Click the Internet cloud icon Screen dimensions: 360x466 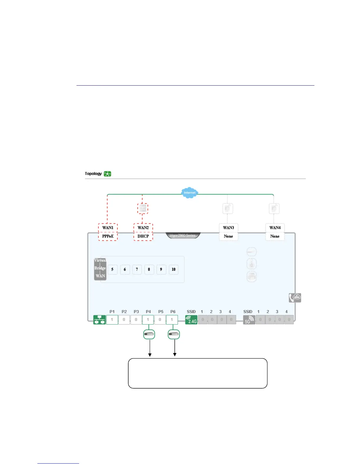(189, 193)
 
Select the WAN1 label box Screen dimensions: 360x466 (108, 228)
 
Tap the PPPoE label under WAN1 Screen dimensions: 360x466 (108, 236)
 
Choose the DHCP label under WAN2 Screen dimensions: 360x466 (143, 236)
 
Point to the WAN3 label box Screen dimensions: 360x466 (229, 228)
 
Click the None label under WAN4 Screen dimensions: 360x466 (275, 236)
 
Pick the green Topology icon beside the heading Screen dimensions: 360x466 (107, 174)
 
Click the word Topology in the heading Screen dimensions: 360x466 (93, 174)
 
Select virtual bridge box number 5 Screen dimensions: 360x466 (112, 269)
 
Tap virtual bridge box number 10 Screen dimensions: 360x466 (174, 269)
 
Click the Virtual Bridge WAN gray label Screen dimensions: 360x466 (100, 268)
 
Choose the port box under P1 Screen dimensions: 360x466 (112, 319)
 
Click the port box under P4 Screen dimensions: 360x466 (148, 319)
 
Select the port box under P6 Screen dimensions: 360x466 (172, 319)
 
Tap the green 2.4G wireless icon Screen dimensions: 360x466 (191, 320)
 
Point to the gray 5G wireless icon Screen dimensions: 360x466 (249, 320)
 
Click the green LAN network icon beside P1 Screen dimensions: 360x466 (99, 319)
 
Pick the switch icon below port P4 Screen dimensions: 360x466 (149, 334)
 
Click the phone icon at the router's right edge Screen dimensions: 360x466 (295, 298)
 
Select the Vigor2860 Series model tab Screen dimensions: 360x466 (183, 236)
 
